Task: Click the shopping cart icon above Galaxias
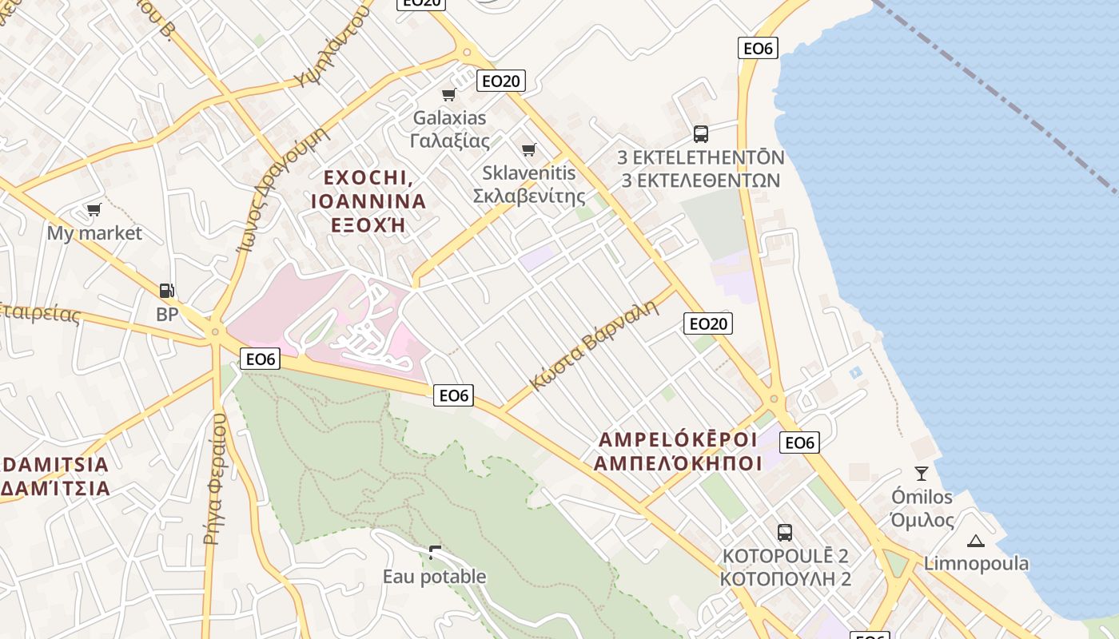click(x=448, y=95)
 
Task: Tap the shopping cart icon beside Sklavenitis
click(x=528, y=149)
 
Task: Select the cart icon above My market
click(x=94, y=210)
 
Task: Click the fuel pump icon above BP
click(x=166, y=291)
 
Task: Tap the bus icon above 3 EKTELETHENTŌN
click(x=701, y=133)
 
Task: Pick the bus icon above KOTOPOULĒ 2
click(x=784, y=532)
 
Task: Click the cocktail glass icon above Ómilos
click(x=922, y=474)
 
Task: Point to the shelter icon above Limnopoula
click(x=975, y=541)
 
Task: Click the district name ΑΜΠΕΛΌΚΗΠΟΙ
click(x=678, y=463)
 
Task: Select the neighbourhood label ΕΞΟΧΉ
click(x=368, y=224)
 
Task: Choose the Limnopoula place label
click(x=976, y=564)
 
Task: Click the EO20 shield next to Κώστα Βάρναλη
click(x=708, y=323)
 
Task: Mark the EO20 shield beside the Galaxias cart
click(x=501, y=80)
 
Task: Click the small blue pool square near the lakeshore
click(x=856, y=372)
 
